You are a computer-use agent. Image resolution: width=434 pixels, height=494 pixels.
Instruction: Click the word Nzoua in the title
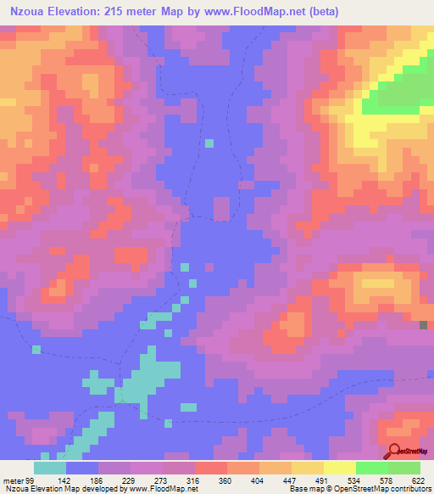coord(31,13)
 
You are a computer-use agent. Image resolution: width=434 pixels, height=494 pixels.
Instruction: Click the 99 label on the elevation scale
coord(28,480)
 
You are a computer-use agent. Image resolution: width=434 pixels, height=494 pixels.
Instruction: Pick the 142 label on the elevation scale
coord(65,480)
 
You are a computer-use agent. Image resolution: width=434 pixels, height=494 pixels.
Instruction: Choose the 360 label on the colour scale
coord(225,480)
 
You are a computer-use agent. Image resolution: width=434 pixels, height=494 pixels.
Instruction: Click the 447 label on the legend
coord(289,480)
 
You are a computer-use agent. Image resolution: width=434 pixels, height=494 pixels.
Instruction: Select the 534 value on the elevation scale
coord(355,480)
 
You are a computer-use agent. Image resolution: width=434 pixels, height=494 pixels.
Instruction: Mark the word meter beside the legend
coord(12,480)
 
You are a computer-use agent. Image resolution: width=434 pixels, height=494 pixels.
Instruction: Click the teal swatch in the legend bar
coord(50,468)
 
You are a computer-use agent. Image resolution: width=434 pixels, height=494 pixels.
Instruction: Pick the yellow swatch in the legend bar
coord(339,468)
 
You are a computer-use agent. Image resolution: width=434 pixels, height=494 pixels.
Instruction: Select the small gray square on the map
coord(424,325)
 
